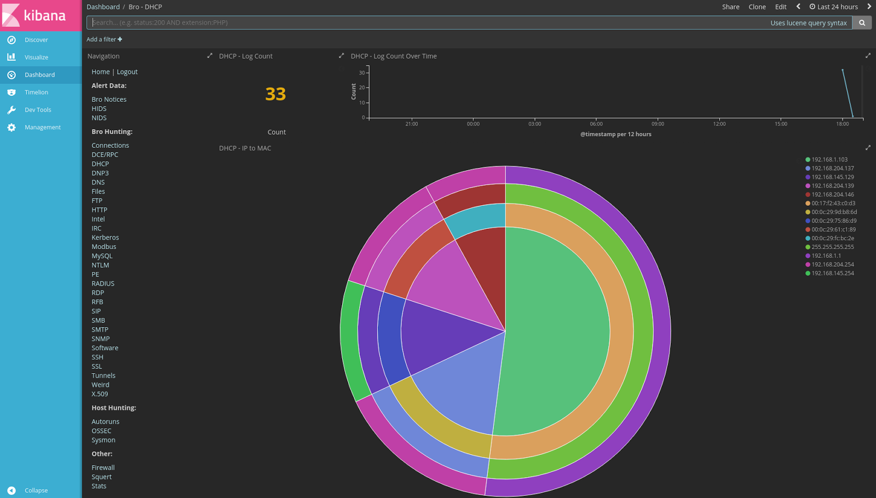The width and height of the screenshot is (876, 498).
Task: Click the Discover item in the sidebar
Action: (36, 40)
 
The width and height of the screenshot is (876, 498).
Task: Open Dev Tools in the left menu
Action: (38, 110)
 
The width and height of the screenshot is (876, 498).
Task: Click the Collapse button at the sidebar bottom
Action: (36, 490)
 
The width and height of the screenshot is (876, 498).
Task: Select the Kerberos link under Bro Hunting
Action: (105, 238)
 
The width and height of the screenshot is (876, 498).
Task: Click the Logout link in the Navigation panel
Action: (127, 72)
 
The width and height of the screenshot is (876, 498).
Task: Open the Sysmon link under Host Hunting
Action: (103, 440)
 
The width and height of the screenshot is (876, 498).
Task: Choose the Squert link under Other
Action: (101, 477)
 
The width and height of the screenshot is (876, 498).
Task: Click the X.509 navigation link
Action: (100, 394)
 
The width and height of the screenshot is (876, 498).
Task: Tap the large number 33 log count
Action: (275, 94)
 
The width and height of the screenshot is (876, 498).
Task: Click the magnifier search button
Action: (862, 22)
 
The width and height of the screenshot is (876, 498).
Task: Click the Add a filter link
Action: (104, 39)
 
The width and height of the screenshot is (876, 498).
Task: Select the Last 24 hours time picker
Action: (834, 7)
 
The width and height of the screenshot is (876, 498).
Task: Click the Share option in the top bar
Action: (730, 7)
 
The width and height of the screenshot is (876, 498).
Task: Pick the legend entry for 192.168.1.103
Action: (829, 160)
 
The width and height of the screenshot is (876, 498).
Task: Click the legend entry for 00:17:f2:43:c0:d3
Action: (833, 204)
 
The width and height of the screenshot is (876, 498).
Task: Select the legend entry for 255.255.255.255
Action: (832, 247)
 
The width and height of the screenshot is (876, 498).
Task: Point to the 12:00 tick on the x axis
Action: (719, 124)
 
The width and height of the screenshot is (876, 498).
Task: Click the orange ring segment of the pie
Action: (622, 328)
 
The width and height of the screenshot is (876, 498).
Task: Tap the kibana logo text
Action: (44, 15)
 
